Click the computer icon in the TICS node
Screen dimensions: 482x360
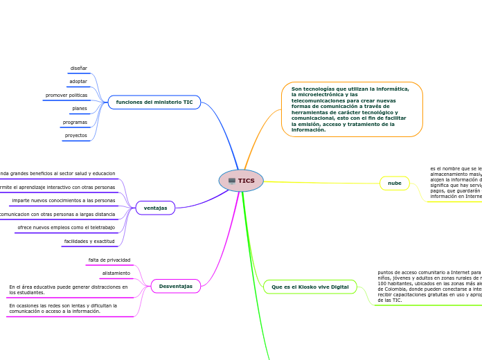(232, 181)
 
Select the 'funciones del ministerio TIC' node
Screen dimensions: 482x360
(154, 102)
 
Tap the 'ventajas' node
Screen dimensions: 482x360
(155, 208)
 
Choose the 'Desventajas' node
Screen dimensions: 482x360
(175, 286)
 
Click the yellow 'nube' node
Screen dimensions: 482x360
(395, 183)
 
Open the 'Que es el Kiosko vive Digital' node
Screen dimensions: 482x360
(310, 286)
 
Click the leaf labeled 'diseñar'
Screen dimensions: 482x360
(78, 69)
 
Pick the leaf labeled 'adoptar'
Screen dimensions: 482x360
(78, 82)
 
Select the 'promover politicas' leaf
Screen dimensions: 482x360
(66, 95)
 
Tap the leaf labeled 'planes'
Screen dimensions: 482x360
(80, 109)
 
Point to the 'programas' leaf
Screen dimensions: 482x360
(75, 122)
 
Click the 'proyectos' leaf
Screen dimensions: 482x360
(75, 136)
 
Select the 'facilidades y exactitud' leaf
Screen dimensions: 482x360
(89, 241)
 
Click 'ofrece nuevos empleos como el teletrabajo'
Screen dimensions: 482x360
(66, 227)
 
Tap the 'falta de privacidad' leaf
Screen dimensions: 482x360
(109, 260)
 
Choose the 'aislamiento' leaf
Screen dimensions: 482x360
(116, 273)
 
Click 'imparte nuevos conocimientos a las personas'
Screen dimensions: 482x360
(63, 200)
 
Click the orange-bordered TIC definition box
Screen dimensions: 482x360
(352, 109)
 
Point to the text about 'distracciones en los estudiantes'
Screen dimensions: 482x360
(69, 289)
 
